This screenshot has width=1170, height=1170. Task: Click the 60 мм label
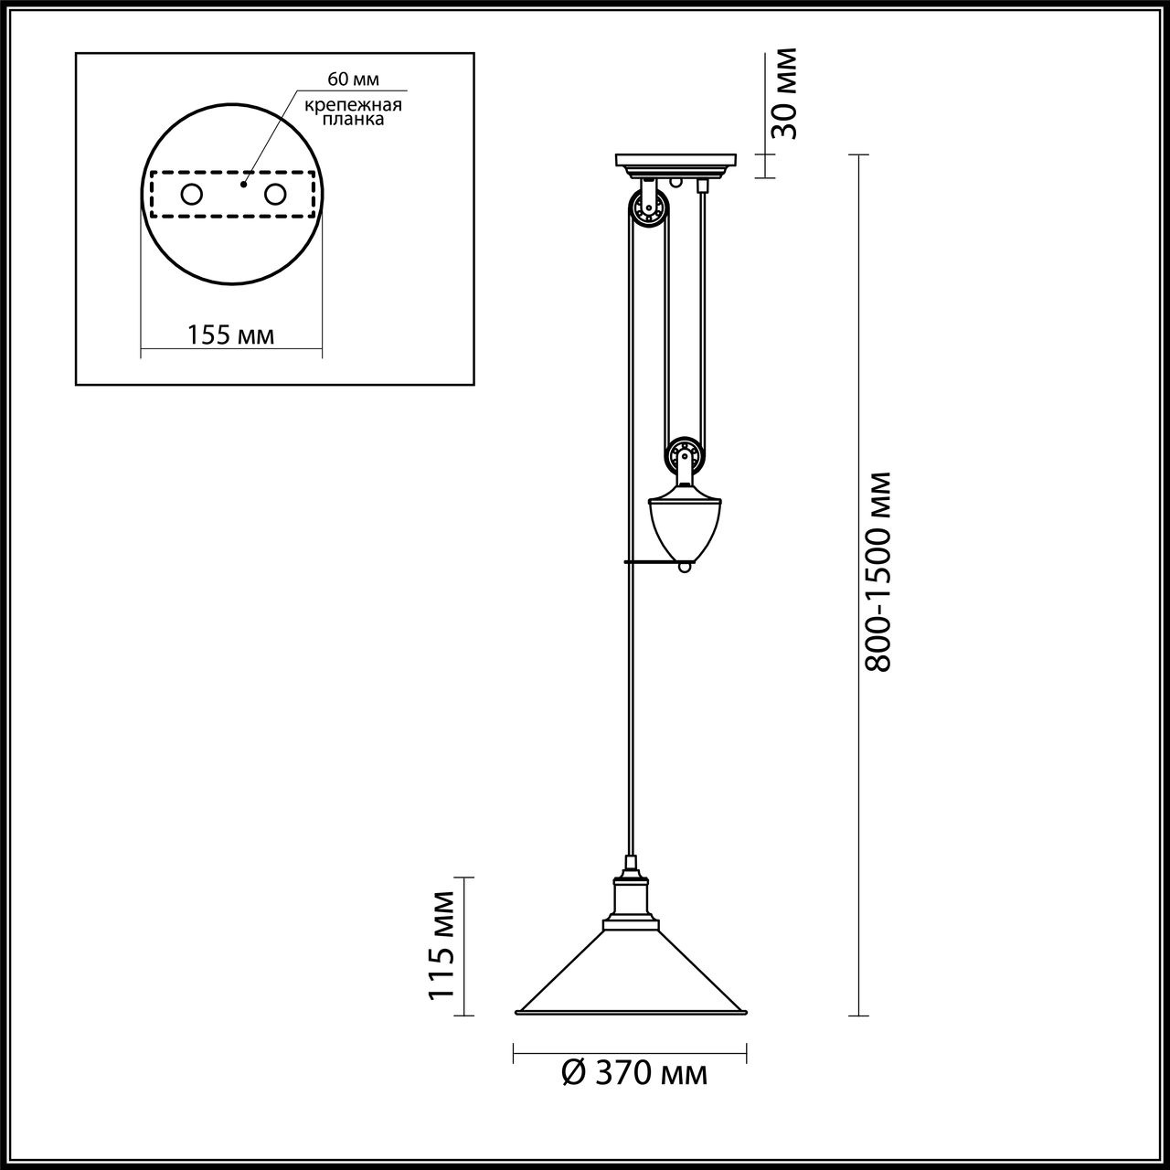point(353,79)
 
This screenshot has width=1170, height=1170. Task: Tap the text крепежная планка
point(353,112)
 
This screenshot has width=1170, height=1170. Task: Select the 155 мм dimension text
point(230,335)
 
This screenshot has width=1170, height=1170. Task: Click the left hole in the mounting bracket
point(191,195)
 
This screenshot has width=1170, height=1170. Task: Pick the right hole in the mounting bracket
point(275,195)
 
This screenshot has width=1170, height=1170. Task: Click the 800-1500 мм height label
point(878,571)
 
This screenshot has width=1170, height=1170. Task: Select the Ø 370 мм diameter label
point(634,1073)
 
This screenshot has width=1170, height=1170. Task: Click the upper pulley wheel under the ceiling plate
point(649,209)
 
